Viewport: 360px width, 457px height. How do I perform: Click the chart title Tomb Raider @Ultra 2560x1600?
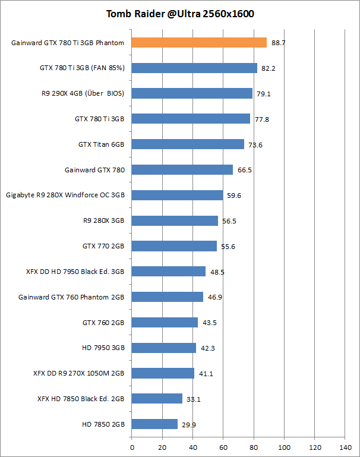[x=180, y=14]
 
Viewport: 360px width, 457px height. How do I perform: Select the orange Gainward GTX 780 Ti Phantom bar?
[x=199, y=42]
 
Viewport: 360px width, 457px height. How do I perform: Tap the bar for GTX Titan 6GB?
[x=188, y=144]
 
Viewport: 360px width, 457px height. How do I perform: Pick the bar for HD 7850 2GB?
[x=154, y=424]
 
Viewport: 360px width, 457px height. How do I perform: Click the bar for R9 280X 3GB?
[x=175, y=220]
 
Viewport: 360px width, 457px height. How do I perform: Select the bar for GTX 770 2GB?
[x=174, y=246]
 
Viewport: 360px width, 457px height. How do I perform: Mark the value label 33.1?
[x=194, y=399]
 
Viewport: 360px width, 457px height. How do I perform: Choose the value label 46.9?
[x=214, y=297]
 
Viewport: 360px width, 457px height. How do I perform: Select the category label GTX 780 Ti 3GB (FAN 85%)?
[x=82, y=68]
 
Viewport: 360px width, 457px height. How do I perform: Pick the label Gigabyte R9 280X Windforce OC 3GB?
[x=65, y=195]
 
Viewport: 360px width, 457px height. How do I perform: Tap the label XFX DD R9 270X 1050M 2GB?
[x=78, y=373]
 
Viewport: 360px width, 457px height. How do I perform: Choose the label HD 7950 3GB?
[x=103, y=348]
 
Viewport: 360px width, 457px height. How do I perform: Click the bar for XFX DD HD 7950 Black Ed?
[x=169, y=272]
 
